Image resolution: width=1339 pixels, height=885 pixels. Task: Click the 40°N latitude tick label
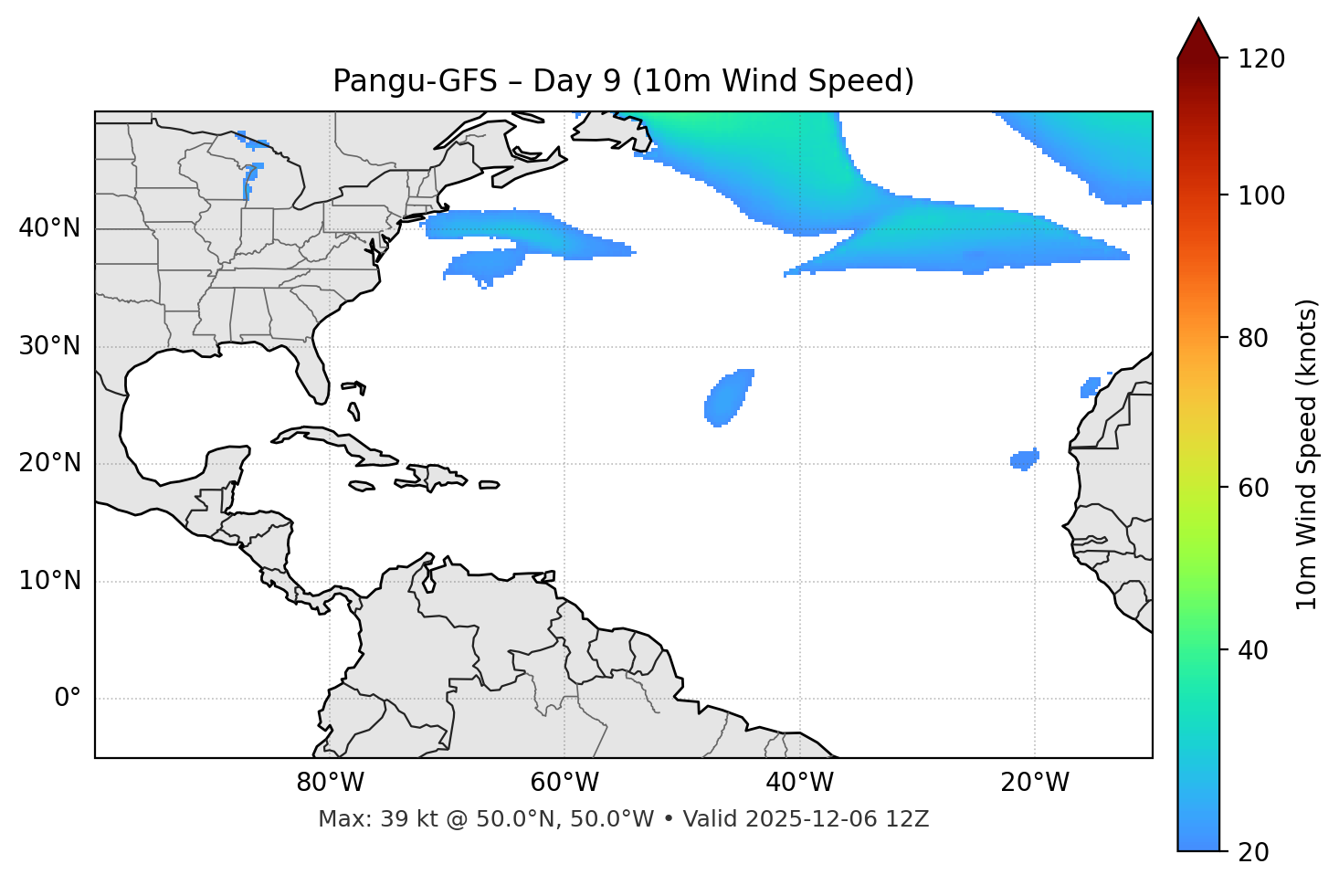point(49,228)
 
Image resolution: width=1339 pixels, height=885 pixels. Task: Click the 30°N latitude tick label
point(49,346)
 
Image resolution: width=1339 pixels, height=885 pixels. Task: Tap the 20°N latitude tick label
point(49,463)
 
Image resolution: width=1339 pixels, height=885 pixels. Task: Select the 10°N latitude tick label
point(49,581)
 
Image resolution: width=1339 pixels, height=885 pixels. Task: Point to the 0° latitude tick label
point(68,699)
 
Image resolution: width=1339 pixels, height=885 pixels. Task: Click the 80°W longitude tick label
point(330,783)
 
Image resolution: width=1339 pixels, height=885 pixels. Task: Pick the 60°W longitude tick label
point(564,783)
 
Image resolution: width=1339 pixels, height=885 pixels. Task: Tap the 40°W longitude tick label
point(799,783)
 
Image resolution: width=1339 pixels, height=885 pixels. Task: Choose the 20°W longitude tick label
point(1034,783)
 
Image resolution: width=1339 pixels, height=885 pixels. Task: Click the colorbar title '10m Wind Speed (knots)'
point(1307,454)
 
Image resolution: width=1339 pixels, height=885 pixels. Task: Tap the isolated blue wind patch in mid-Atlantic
point(728,398)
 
